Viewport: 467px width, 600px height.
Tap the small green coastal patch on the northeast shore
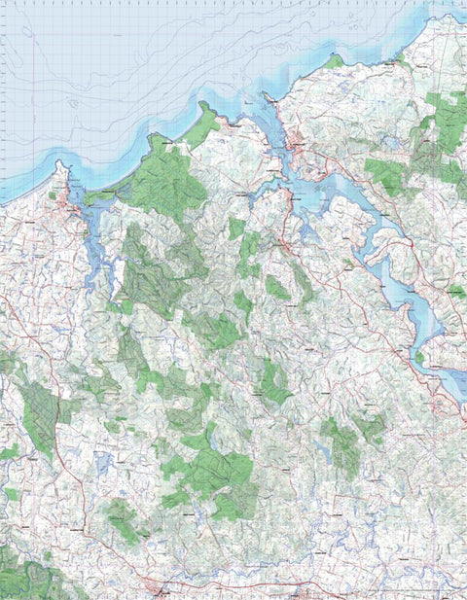point(336,61)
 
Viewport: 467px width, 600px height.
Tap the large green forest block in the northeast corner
point(443,117)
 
